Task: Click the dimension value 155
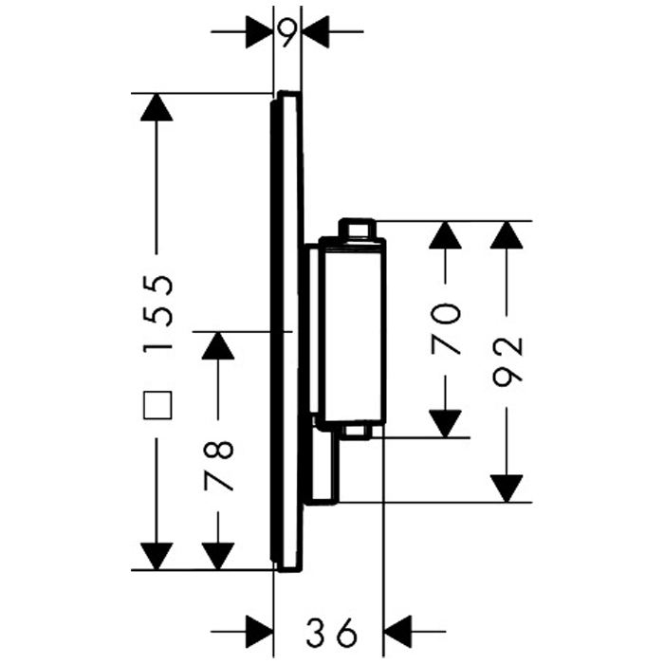click(158, 313)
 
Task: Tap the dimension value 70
click(446, 327)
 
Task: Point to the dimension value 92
click(508, 361)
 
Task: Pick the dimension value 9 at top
click(287, 33)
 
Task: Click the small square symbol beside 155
click(158, 405)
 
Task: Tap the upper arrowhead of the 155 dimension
click(157, 106)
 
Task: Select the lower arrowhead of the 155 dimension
click(157, 556)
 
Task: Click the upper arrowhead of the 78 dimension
click(218, 345)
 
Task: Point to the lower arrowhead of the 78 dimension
click(218, 556)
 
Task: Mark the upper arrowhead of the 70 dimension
click(446, 234)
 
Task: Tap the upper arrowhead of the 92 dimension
click(509, 234)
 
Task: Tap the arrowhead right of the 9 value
click(315, 33)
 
